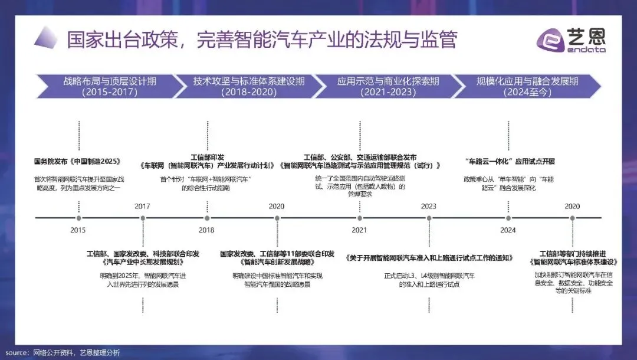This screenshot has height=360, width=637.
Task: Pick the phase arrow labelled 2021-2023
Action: tap(378, 86)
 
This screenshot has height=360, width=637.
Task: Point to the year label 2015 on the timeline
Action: tap(78, 230)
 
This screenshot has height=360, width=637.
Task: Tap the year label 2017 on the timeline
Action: tap(142, 206)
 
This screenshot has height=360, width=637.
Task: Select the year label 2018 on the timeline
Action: tap(206, 230)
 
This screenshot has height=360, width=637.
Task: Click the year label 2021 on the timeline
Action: tap(359, 230)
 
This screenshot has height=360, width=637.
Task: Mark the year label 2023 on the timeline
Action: tap(429, 206)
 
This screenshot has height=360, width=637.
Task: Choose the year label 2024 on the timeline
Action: tap(508, 230)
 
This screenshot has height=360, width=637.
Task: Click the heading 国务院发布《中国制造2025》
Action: tap(77, 161)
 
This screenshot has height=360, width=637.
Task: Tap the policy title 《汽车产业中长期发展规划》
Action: tap(142, 261)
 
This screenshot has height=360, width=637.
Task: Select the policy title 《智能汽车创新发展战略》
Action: tap(277, 261)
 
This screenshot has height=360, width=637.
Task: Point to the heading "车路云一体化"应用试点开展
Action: tap(510, 161)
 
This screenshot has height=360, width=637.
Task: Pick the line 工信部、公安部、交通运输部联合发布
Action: tap(360, 157)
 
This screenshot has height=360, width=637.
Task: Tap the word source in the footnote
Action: tap(15, 352)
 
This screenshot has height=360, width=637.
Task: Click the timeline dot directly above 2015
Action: tap(78, 218)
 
